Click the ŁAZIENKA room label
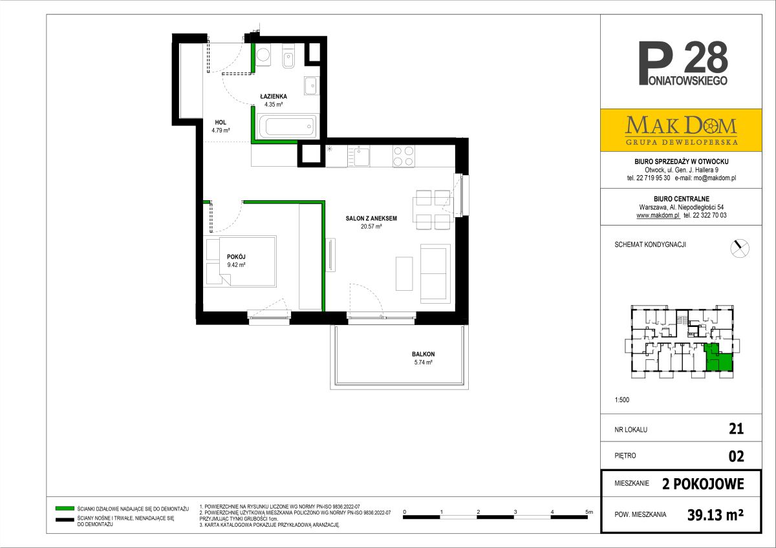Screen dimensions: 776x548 point(274,96)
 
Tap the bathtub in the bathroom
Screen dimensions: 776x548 point(287,126)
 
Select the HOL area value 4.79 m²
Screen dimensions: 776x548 point(221,131)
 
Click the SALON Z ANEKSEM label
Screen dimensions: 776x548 point(371,218)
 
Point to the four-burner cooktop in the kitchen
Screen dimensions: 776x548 point(404,156)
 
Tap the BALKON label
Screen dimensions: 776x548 point(423,354)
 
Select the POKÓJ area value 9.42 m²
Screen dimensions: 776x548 point(236,265)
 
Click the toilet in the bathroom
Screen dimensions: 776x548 point(288,58)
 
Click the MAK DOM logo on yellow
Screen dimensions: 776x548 point(681,130)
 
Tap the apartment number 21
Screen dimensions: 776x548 point(736,429)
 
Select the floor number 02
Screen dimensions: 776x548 point(736,456)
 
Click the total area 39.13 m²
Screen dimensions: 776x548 point(715,515)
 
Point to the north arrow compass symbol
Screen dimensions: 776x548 point(740,248)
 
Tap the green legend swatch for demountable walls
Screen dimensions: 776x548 point(65,509)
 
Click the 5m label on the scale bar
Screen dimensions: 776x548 point(589,512)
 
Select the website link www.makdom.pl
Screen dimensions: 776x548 point(658,215)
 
